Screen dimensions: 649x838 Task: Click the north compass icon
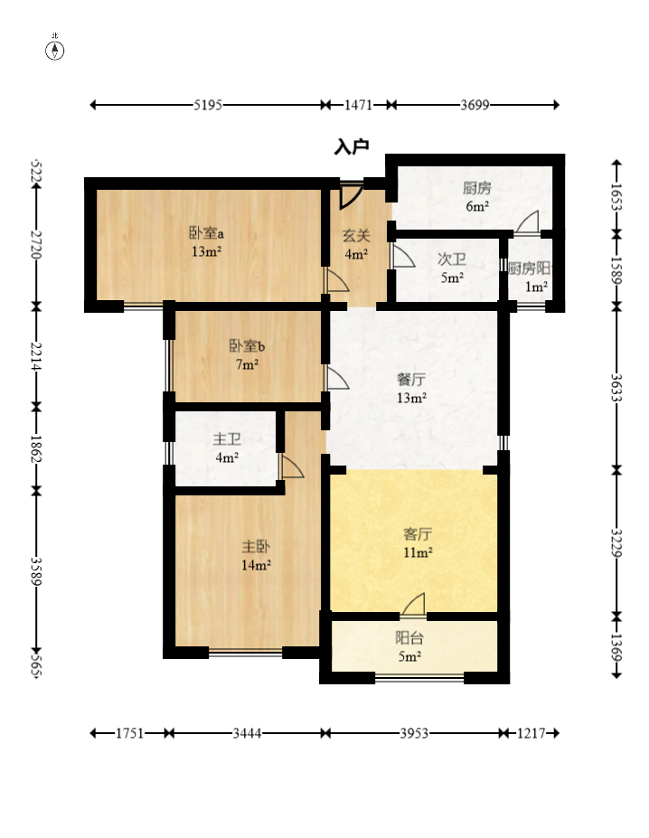coord(54,51)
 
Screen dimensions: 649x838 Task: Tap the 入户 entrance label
coord(352,146)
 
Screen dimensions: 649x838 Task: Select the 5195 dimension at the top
coord(207,105)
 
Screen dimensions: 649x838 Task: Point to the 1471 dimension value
coord(358,105)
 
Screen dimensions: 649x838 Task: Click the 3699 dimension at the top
coord(475,105)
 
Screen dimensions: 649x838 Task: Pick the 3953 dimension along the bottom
coord(414,733)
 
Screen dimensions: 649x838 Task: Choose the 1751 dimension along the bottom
coord(130,733)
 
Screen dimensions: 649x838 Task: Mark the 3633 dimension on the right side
coord(616,388)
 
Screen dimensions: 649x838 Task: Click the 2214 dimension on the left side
coord(36,357)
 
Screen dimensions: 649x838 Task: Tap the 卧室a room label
coord(206,233)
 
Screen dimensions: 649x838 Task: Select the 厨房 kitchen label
coord(477,188)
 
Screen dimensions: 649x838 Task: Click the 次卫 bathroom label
coord(452,259)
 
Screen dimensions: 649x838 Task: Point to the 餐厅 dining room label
coord(411,380)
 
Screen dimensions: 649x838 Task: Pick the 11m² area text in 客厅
coord(418,552)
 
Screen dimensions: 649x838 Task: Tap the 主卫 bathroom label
coord(227,439)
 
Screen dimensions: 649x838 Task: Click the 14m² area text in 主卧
coord(256,565)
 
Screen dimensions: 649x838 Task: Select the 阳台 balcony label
coord(409,637)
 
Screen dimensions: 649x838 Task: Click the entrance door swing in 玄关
coord(351,195)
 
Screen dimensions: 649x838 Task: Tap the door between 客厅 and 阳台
coord(413,605)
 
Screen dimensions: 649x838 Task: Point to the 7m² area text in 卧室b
coord(247,364)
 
